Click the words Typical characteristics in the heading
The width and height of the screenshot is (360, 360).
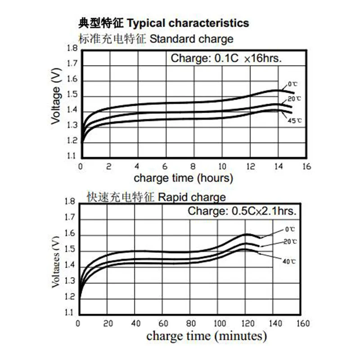point(189,22)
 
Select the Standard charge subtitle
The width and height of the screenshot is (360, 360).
point(191,39)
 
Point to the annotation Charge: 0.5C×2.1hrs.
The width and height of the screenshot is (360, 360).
point(242,211)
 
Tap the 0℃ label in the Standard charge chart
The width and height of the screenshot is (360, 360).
point(293,84)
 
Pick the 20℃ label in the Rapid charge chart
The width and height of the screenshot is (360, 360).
point(290,242)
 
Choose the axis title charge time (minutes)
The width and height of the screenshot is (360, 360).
point(207,336)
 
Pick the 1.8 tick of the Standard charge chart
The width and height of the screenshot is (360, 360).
point(72,49)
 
